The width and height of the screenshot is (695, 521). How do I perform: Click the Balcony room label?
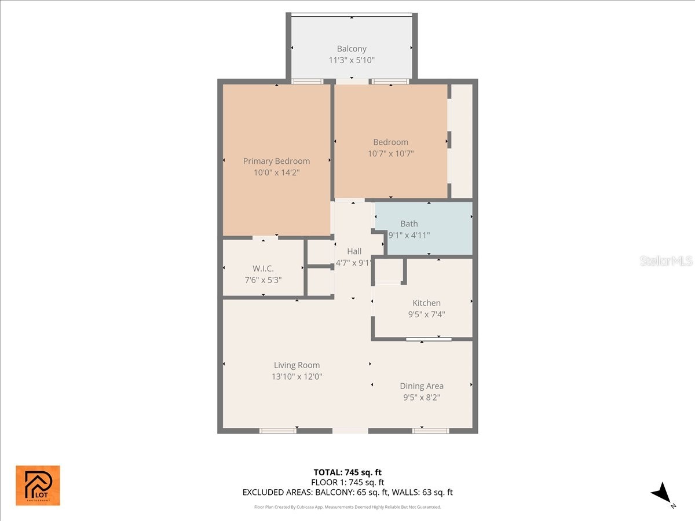pos(352,49)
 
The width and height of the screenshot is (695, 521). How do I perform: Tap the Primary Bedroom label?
pos(276,161)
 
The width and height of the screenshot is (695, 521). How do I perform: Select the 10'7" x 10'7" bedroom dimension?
pos(390,153)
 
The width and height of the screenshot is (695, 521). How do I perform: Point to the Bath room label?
pos(409,223)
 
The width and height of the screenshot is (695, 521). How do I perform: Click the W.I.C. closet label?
pos(263,269)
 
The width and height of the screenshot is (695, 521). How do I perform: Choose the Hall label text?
pos(354,251)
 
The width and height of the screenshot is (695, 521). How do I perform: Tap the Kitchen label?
pos(426,303)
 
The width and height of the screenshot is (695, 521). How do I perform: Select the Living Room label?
pos(297,365)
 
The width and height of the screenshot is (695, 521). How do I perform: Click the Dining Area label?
pos(422,386)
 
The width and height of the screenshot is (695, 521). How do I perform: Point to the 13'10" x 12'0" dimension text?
pos(297,376)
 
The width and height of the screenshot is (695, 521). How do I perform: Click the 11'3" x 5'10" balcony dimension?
pos(352,60)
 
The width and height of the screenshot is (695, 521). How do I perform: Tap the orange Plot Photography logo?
pos(38,485)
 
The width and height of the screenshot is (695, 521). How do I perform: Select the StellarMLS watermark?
pos(666,261)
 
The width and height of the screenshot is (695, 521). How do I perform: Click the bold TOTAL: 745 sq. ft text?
pos(348,472)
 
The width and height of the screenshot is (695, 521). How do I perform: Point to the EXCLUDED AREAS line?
pos(348,493)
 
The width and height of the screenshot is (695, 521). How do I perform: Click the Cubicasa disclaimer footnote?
pos(348,507)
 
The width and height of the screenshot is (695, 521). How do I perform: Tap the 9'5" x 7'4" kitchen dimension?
pos(426,314)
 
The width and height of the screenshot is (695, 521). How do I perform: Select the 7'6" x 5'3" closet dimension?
pos(263,280)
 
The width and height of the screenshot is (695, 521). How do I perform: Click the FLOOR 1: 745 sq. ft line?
pos(348,482)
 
